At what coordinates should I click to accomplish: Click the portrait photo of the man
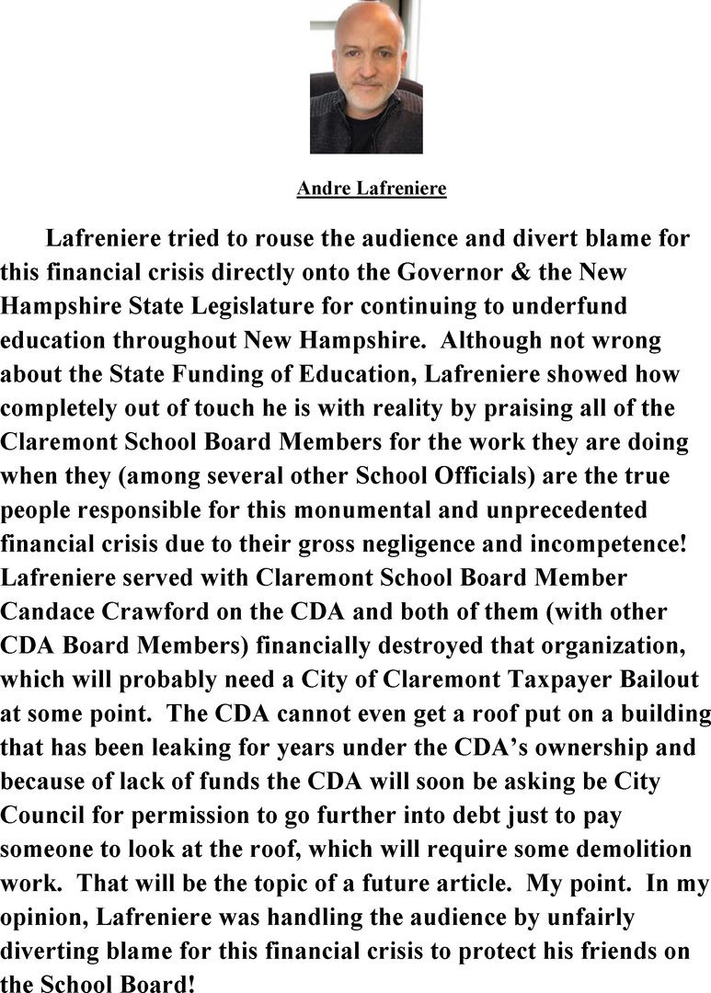click(366, 76)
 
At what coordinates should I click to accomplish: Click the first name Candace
click(55, 611)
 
